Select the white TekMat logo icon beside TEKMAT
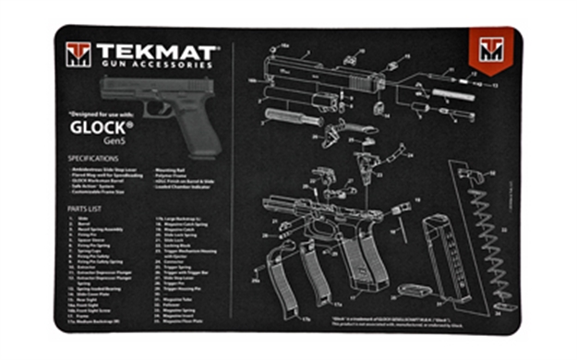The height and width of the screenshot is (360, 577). click(78, 55)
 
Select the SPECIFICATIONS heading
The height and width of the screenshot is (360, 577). click(98, 159)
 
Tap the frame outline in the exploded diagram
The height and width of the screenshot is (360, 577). click(314, 212)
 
